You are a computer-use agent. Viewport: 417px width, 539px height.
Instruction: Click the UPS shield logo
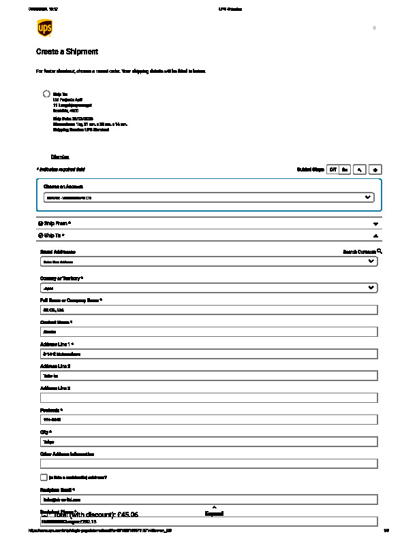click(45, 29)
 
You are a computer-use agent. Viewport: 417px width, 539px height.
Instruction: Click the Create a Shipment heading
click(67, 52)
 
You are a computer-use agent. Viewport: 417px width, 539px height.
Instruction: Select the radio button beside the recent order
click(46, 94)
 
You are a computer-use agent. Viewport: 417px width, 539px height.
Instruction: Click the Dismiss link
click(60, 157)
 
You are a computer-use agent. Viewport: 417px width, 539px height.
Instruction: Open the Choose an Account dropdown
click(208, 197)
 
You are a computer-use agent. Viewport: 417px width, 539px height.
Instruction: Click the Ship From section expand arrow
click(375, 223)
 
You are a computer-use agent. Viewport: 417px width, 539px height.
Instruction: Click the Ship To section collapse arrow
click(375, 235)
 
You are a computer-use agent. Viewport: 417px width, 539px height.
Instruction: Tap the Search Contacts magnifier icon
click(380, 251)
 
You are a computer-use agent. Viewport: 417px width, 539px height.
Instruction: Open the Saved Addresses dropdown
click(208, 261)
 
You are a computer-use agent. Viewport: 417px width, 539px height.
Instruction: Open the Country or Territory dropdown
click(208, 288)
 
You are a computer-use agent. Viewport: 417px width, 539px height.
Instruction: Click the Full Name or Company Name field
click(208, 310)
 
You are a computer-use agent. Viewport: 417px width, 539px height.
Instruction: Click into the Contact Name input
click(208, 332)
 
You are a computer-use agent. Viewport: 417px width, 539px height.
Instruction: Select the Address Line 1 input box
click(208, 354)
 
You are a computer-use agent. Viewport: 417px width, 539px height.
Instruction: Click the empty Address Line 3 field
click(208, 397)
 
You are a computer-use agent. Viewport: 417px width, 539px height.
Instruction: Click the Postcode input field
click(208, 420)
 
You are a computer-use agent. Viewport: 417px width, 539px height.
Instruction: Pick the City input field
click(208, 442)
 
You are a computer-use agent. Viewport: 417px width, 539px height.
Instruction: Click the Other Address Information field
click(208, 463)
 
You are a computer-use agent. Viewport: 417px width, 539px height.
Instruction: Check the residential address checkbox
click(44, 478)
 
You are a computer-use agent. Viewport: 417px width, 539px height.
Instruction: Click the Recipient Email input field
click(208, 500)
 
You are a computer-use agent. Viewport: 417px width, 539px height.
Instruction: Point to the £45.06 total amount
click(127, 515)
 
